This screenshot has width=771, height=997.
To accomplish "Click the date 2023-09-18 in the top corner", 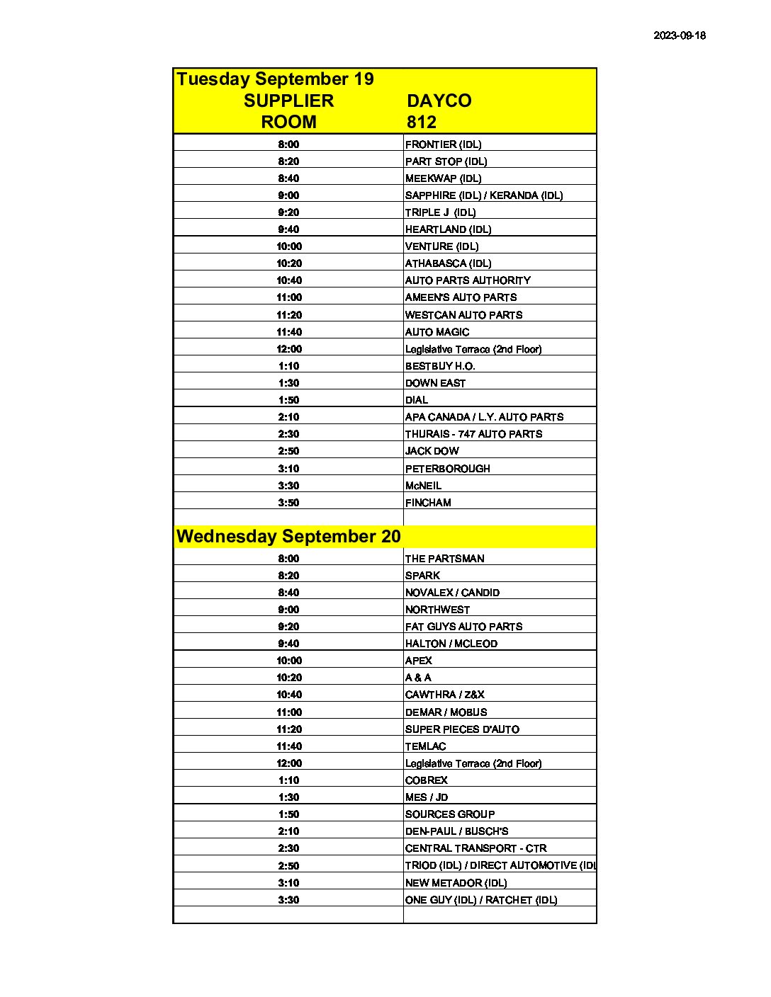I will (679, 35).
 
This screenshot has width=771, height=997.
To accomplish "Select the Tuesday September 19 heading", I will (275, 79).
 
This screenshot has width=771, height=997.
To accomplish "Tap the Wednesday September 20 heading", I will (288, 537).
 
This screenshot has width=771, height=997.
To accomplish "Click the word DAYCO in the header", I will (439, 101).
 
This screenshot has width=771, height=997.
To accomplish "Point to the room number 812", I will (421, 122).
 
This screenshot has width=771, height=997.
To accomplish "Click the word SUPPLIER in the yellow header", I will (288, 101).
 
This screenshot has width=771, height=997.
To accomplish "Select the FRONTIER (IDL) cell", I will (443, 144).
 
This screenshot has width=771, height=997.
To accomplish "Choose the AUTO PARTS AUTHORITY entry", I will (468, 280).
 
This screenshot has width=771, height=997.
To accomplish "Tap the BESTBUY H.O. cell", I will (440, 366).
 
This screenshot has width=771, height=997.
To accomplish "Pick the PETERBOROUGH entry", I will (447, 469).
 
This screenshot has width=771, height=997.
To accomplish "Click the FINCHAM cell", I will (428, 503).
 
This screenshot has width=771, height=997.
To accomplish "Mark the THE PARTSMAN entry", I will (444, 559).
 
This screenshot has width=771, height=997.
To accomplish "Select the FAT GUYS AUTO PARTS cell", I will (463, 627).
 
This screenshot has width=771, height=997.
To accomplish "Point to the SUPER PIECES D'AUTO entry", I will (462, 729).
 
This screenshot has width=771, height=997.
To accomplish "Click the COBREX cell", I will (426, 780).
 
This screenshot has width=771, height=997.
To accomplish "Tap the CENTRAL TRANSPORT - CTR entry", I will (475, 848).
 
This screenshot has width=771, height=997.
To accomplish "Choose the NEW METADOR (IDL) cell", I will (456, 883).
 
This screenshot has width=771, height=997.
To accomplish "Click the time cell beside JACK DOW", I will (288, 451).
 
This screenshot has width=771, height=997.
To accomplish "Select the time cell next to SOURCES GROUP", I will (288, 814).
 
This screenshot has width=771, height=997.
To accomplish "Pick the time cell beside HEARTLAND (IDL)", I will (288, 229).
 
